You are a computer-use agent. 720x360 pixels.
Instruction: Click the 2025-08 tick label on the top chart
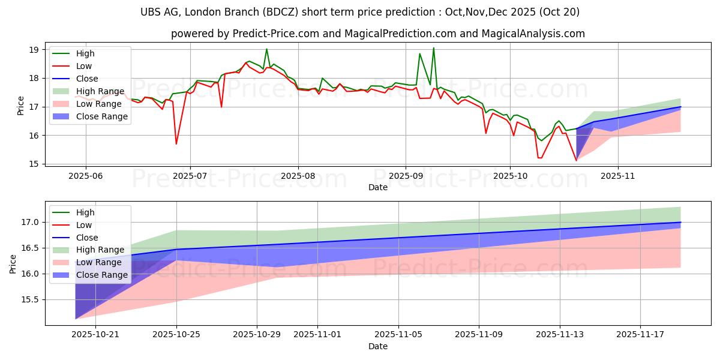pos(298,175)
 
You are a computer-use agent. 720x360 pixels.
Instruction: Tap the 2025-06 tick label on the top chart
pos(85,175)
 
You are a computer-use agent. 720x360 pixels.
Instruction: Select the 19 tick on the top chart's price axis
pos(34,49)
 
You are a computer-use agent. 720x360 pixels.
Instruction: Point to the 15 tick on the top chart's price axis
pos(34,164)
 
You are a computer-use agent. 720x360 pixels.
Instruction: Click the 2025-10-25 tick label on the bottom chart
pos(176,335)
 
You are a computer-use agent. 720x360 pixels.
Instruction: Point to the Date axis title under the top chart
pos(378,187)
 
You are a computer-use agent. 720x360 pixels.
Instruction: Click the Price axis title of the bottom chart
pos(13,263)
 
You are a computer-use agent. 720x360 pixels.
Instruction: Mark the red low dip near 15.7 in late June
pos(176,143)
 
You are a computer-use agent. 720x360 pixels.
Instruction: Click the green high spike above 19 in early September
pos(433,48)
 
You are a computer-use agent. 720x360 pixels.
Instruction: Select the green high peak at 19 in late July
pos(266,49)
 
